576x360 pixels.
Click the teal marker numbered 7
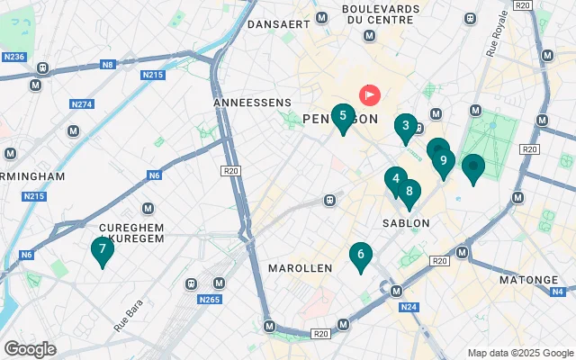[103, 249]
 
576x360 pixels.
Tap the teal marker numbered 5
[342, 115]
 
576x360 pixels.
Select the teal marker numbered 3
[406, 126]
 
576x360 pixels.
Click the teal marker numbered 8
[409, 191]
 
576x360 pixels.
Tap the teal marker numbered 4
[395, 179]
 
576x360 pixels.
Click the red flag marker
[369, 94]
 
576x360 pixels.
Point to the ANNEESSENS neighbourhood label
[251, 103]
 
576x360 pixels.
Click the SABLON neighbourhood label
[406, 222]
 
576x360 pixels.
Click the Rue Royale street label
[498, 40]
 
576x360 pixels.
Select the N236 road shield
[13, 57]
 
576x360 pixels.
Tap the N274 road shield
[82, 104]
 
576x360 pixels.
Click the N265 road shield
[209, 300]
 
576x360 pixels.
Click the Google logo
[30, 349]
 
